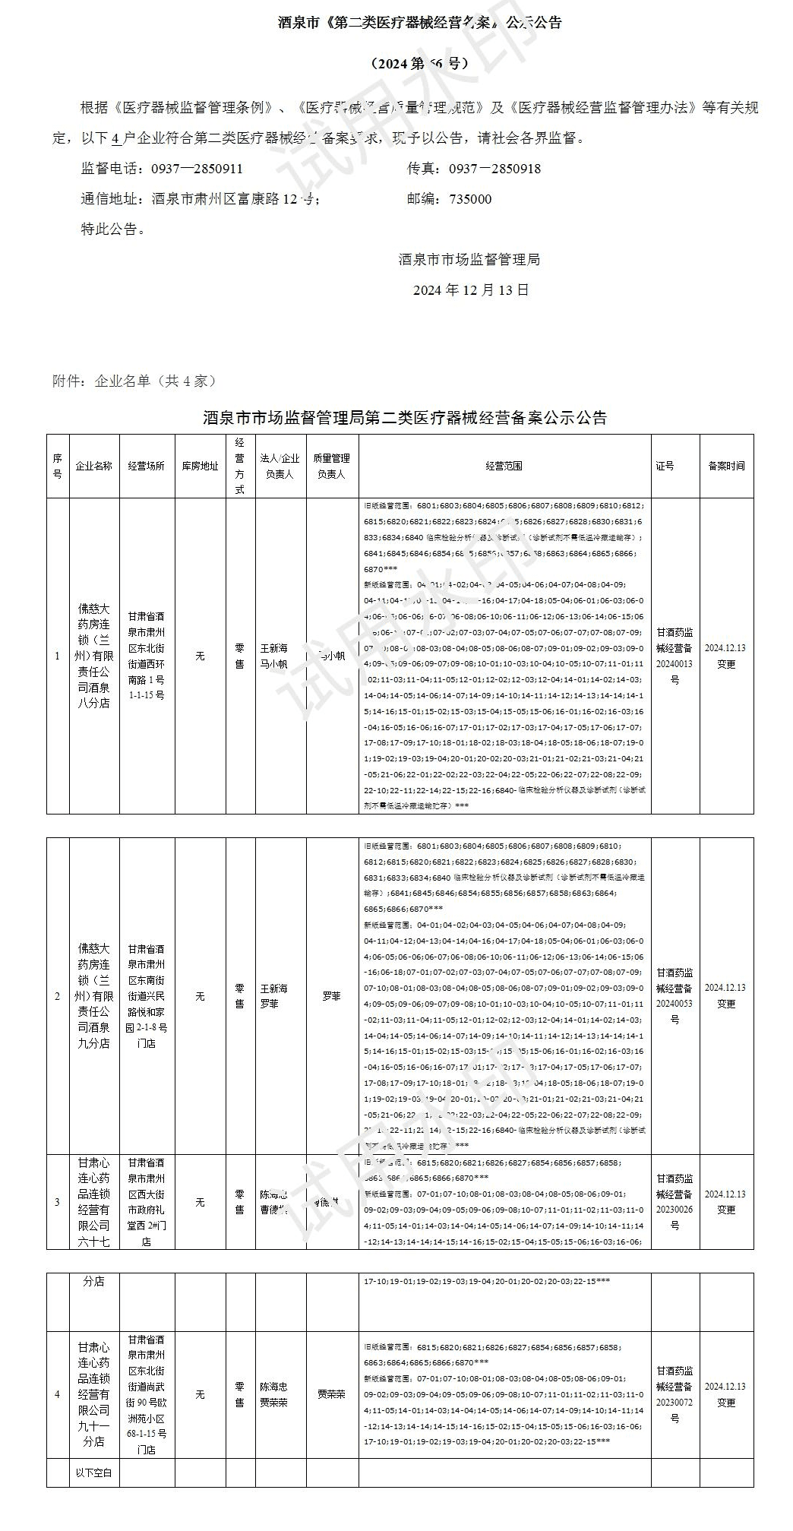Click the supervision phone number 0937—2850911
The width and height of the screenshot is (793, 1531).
tap(197, 169)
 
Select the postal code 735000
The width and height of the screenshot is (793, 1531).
tap(470, 199)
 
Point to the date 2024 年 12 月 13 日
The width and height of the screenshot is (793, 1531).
tap(471, 289)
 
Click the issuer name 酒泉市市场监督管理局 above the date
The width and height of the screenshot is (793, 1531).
tap(469, 259)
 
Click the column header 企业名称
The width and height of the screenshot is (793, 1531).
tap(94, 466)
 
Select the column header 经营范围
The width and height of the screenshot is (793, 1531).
tap(504, 466)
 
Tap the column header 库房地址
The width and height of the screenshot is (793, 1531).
tap(200, 466)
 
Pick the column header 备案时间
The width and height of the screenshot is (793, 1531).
tap(726, 466)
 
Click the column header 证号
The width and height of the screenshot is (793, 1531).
tap(665, 466)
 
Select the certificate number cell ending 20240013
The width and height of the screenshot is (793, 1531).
tap(675, 656)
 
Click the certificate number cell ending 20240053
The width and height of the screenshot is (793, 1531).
tap(675, 995)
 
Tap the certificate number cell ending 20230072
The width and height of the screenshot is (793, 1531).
tap(675, 1394)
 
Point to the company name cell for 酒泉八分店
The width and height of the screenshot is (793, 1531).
tap(94, 656)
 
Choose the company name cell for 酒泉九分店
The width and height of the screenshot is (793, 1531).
tap(94, 995)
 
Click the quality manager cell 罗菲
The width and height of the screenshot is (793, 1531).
tap(331, 995)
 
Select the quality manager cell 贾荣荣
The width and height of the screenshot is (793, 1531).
tap(331, 1394)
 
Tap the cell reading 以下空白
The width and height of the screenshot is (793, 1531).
tap(94, 1472)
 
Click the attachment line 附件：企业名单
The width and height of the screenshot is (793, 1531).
tap(134, 381)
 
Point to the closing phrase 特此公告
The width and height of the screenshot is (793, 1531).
tap(112, 229)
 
